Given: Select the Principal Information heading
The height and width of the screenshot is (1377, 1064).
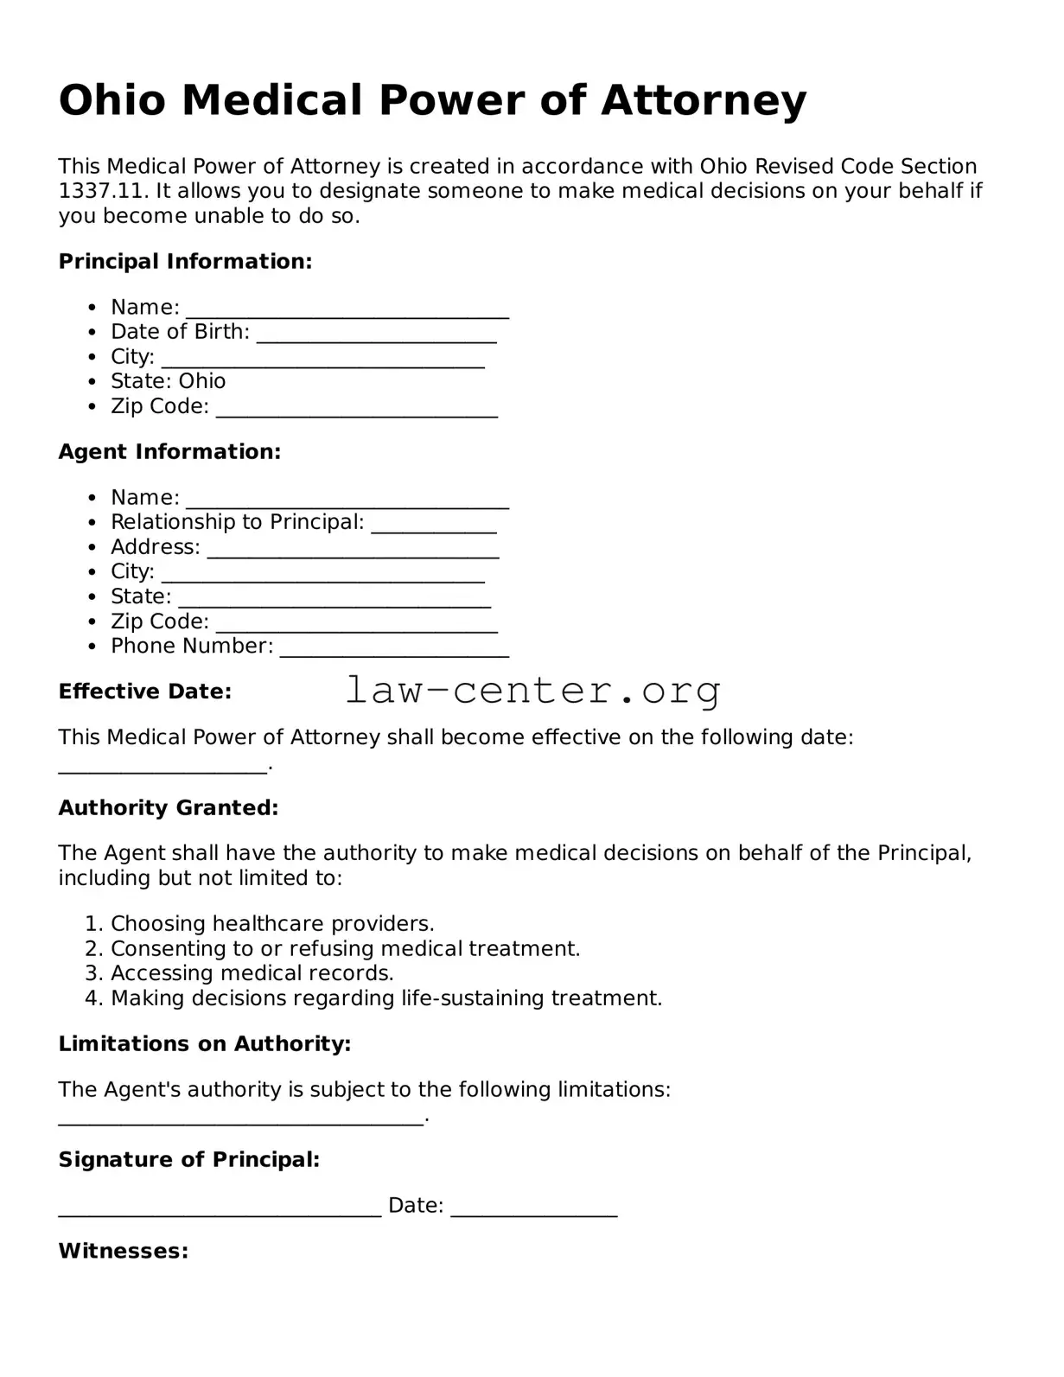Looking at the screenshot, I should [185, 261].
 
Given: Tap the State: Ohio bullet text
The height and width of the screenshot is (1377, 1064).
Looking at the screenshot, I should [168, 381].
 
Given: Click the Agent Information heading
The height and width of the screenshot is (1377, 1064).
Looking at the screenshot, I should [169, 451].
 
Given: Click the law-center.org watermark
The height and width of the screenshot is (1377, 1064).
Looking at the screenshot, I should [532, 691].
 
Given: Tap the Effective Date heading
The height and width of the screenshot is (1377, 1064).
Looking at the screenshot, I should [144, 692].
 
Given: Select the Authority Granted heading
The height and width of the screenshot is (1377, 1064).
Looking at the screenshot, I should [168, 807].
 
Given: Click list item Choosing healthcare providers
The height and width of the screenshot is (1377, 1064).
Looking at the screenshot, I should [272, 923].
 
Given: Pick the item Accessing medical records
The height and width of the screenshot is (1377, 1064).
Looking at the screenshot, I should [252, 973].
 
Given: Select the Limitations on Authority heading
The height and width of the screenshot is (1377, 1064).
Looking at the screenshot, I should [204, 1043].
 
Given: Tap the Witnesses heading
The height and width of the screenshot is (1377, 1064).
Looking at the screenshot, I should [123, 1251].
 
